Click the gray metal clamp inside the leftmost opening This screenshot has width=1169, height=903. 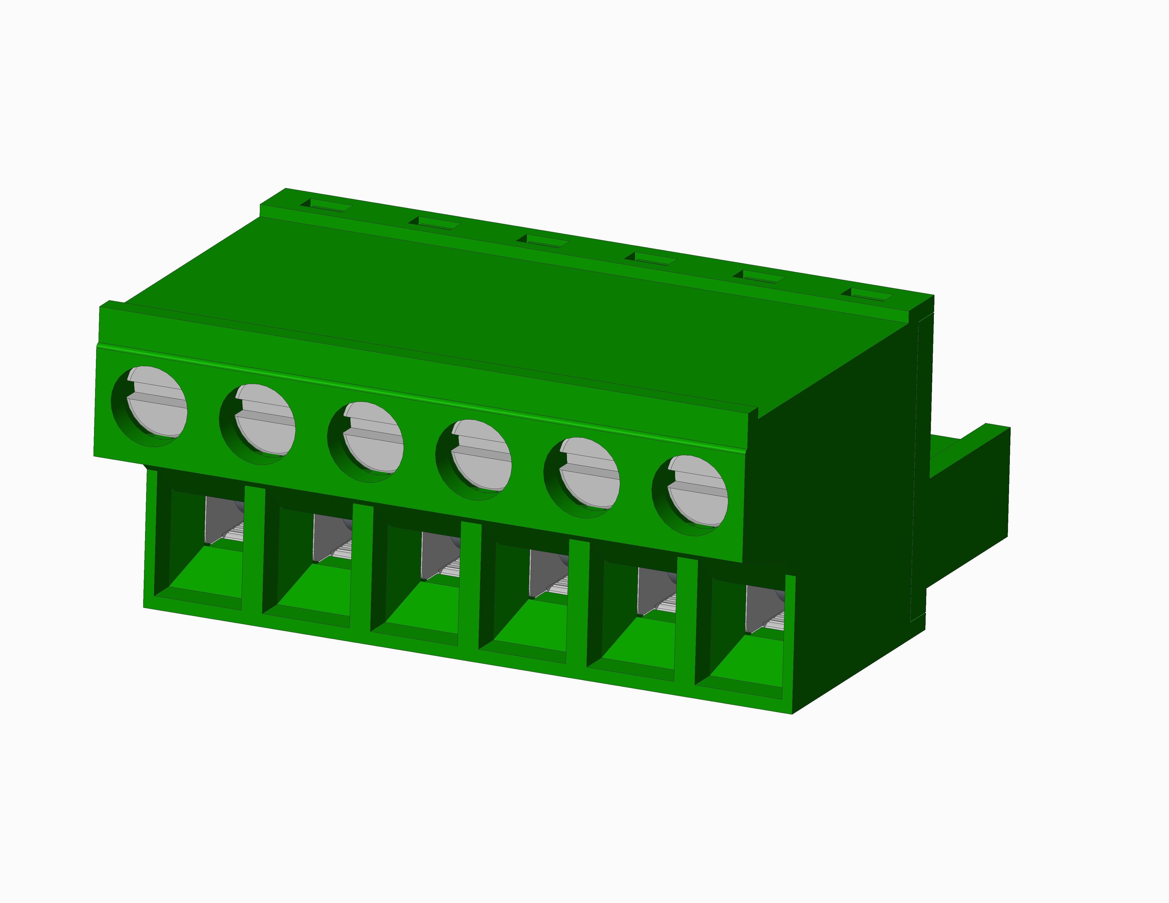(x=222, y=519)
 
